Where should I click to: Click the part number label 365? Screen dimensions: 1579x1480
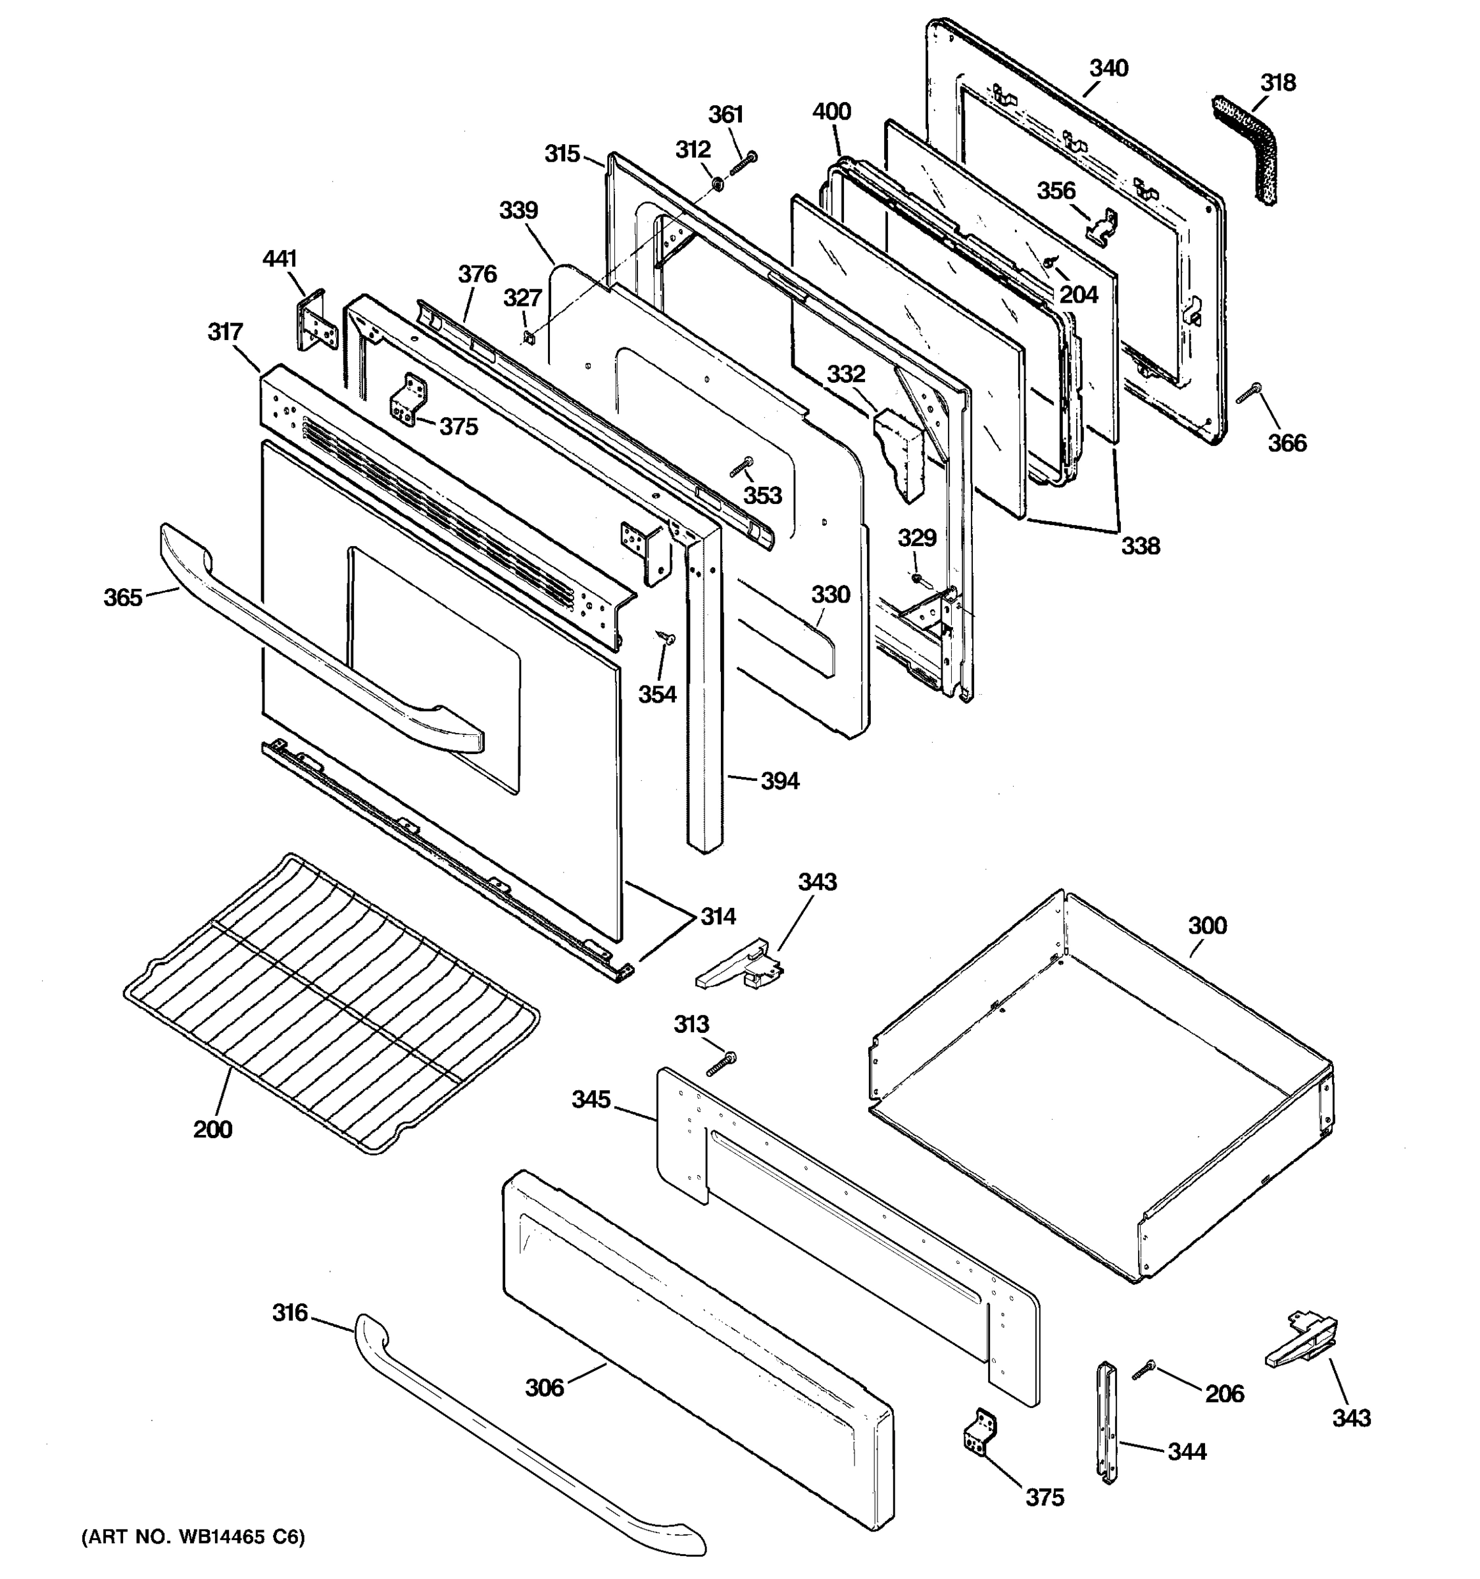coord(123,597)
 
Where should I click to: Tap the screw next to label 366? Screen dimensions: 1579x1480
coord(1248,392)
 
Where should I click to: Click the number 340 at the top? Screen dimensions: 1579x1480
coord(1108,68)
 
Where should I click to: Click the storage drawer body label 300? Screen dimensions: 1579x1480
coord(1207,925)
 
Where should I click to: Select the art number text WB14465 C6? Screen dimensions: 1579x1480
coord(193,1538)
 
